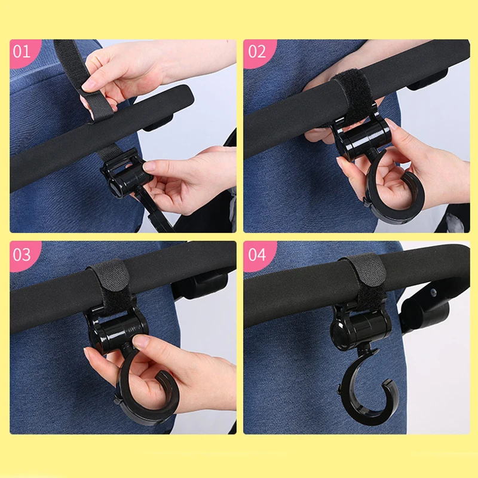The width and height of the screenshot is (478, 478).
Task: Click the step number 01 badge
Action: tap(22, 52)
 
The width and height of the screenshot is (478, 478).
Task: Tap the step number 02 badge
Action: tap(257, 52)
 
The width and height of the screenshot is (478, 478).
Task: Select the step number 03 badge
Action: tap(22, 255)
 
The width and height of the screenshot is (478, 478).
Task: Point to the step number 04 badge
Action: tap(257, 255)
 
